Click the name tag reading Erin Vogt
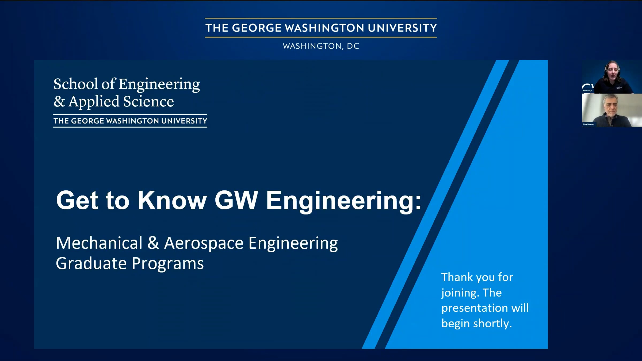587,91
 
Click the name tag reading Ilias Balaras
588,124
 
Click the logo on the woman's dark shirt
619,87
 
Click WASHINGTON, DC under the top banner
321,46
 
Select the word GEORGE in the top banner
257,28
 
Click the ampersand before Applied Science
59,102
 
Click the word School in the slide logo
76,84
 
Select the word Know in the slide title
172,200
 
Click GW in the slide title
236,200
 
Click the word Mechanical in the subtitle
99,243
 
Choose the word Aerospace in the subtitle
204,243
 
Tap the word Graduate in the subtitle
91,263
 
